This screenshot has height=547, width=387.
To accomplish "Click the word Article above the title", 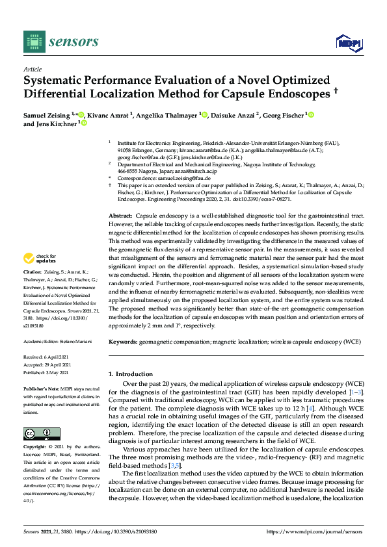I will pos(32,69).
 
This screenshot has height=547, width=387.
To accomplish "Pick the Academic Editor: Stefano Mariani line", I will pos(57,341).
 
